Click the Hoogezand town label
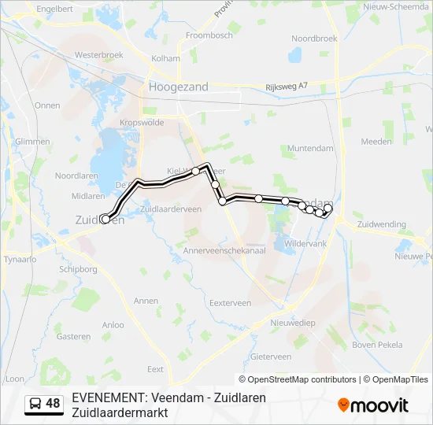[x=179, y=87]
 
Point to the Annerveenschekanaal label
[x=223, y=249]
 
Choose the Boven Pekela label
[x=377, y=345]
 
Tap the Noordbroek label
[x=314, y=38]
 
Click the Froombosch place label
[x=209, y=35]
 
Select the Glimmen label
[x=32, y=140]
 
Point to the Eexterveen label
[x=230, y=302]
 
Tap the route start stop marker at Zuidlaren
[x=105, y=220]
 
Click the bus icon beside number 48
[x=36, y=404]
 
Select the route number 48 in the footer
[x=53, y=404]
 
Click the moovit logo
[x=373, y=405]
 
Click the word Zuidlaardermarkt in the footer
[x=120, y=412]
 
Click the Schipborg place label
[x=76, y=268]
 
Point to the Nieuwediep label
[x=292, y=323]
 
